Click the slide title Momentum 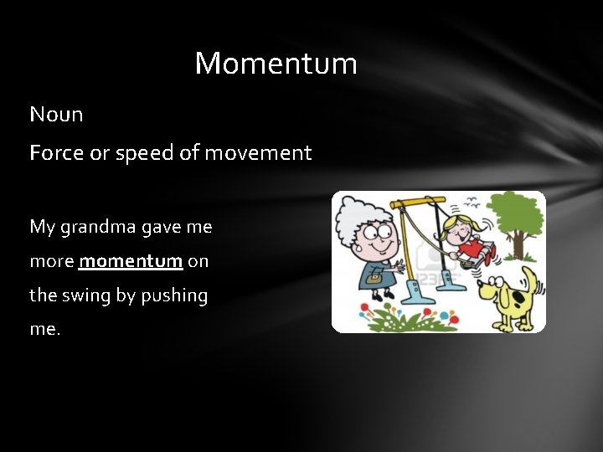(276, 64)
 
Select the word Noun (56, 115)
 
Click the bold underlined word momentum (131, 261)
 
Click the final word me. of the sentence (45, 329)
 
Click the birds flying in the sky (473, 202)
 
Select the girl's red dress (474, 249)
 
